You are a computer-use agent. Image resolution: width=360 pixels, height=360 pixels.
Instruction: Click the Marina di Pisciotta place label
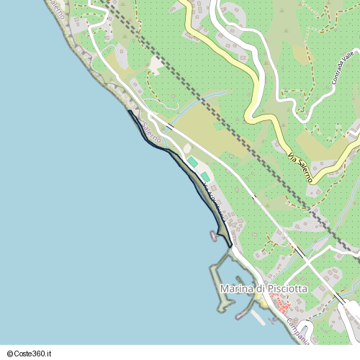click(x=264, y=289)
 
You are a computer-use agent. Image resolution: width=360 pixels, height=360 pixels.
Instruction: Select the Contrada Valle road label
click(x=344, y=68)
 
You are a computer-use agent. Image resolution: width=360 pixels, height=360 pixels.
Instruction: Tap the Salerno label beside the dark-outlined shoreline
click(x=151, y=132)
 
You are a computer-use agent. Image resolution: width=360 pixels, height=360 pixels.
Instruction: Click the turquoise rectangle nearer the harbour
click(x=205, y=176)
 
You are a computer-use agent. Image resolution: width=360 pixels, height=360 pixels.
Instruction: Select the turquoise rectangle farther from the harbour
click(x=192, y=162)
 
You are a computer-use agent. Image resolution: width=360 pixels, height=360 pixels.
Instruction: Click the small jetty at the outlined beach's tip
click(x=214, y=235)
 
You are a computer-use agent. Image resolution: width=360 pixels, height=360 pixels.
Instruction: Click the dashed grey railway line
click(x=216, y=115)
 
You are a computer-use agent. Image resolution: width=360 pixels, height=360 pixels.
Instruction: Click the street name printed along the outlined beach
click(x=215, y=202)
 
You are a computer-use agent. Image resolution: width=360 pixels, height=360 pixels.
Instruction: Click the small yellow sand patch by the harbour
click(x=265, y=301)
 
